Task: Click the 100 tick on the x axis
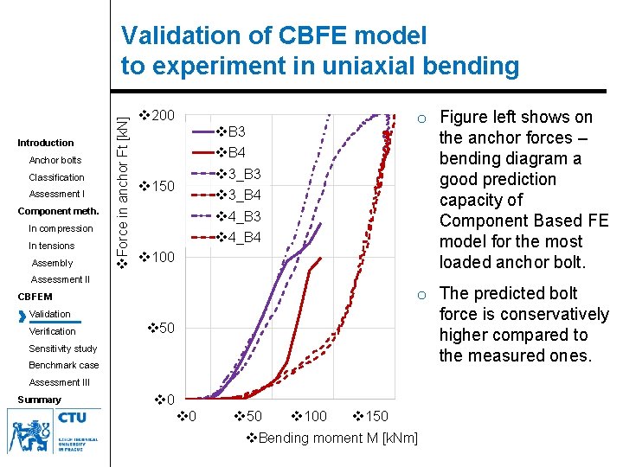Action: point(309,417)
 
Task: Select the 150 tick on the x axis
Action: point(371,417)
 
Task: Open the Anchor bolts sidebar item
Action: point(55,160)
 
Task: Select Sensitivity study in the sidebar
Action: point(62,349)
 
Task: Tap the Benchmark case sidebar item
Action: point(64,365)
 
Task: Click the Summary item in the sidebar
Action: point(40,400)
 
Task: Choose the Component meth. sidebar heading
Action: point(59,211)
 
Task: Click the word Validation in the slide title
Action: point(176,36)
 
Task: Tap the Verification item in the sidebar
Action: point(52,331)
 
